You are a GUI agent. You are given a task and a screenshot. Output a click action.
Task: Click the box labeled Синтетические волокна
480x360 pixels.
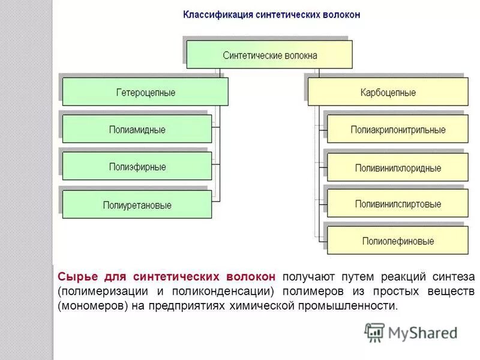click(x=269, y=55)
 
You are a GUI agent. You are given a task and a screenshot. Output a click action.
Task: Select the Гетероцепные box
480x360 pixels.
click(x=145, y=92)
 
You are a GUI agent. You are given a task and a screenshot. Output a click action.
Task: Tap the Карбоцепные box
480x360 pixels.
click(x=388, y=92)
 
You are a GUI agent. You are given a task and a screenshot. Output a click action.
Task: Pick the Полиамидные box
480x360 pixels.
click(x=137, y=130)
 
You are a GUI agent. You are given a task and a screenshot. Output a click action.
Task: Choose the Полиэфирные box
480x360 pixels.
click(x=137, y=166)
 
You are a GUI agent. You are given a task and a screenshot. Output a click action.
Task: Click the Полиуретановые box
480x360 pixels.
click(x=137, y=205)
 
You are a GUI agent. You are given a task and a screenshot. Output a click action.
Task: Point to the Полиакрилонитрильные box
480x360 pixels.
click(x=398, y=130)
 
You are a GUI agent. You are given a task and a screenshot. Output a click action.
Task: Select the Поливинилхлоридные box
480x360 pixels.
click(x=398, y=167)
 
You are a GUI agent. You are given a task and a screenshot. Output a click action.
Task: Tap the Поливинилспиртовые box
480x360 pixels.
click(x=398, y=204)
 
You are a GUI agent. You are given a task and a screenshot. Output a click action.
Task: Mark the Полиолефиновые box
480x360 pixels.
click(x=398, y=241)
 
